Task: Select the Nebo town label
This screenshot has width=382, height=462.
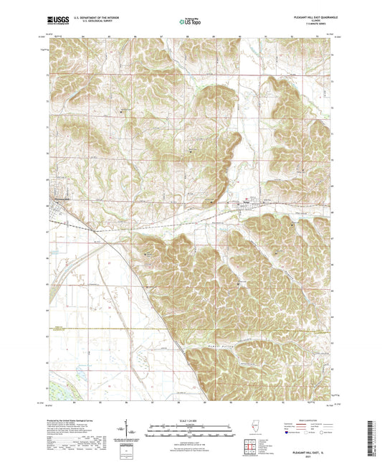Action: pyautogui.click(x=250, y=199)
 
